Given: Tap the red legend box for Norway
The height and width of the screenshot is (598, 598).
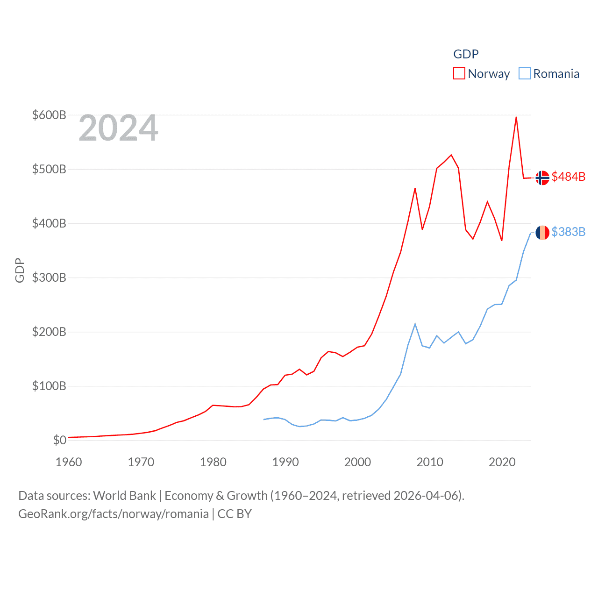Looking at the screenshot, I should coord(459,74).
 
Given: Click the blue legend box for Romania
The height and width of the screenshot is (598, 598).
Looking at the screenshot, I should coord(525,74).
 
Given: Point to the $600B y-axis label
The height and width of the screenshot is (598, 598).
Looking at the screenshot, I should coord(49,115).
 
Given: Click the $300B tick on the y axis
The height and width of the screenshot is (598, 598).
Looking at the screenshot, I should coord(49,278).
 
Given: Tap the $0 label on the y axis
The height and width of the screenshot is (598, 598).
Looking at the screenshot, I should coord(59,440).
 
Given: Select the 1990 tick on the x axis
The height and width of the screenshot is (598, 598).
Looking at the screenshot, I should coord(285,462).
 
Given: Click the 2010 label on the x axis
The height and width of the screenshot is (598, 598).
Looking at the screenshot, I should coord(430,462).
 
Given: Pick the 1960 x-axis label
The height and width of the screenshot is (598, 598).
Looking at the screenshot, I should coord(69,462).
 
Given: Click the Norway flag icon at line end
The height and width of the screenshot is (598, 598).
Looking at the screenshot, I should coord(542,178).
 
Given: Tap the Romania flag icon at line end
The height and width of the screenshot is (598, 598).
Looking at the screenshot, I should coord(542,233).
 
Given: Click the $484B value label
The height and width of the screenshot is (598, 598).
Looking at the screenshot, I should coord(568,177).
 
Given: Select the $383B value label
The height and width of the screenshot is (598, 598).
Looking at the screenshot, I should coord(568,232).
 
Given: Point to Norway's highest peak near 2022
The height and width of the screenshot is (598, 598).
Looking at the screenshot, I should coord(516,117).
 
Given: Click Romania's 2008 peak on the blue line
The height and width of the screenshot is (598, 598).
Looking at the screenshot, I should coord(415,324).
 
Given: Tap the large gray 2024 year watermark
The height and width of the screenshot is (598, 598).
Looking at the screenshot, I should coord(119,128).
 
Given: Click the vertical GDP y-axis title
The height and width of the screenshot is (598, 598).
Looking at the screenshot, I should coord(20,270).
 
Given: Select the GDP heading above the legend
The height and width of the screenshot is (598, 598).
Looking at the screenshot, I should coord(466,54).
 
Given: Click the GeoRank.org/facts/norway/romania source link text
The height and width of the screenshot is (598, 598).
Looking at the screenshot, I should coord(114,514).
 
